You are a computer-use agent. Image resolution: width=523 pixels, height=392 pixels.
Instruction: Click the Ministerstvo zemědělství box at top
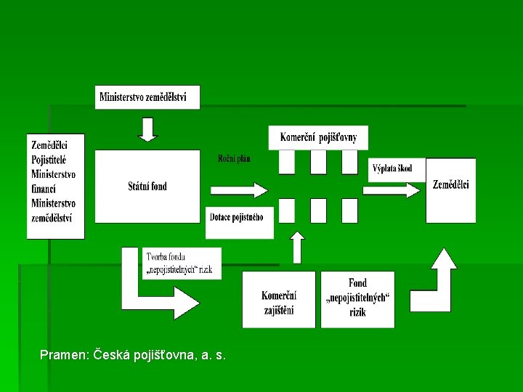tap(147, 97)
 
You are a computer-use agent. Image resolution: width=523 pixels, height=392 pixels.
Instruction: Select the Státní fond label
tap(147, 187)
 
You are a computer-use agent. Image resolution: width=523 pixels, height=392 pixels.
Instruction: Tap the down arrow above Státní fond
tap(147, 129)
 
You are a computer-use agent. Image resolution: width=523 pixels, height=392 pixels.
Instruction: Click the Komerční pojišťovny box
tap(318, 137)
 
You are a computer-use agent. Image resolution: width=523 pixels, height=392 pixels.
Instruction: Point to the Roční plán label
tap(234, 159)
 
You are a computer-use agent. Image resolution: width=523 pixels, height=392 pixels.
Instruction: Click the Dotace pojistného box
tap(240, 216)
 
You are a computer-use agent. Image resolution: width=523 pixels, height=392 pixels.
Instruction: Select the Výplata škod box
tap(392, 168)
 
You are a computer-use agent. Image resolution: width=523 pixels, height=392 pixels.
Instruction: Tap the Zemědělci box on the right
tap(451, 185)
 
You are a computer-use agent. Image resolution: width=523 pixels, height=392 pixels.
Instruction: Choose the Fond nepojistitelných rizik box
tap(357, 298)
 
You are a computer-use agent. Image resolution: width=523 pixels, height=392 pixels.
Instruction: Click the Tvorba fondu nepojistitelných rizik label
tap(179, 263)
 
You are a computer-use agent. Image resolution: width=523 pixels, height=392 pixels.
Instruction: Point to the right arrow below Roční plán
tap(239, 190)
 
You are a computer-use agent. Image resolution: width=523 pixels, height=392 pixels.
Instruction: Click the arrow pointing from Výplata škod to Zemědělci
tap(392, 190)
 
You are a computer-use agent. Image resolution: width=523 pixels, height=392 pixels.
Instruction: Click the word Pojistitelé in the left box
tap(49, 160)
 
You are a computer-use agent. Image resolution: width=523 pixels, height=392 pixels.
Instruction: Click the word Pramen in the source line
tap(63, 355)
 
